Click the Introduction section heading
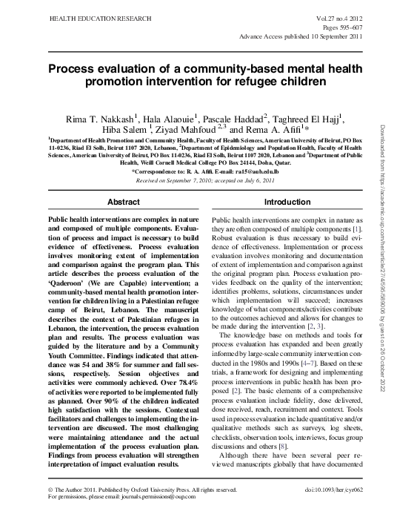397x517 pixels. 287,202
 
